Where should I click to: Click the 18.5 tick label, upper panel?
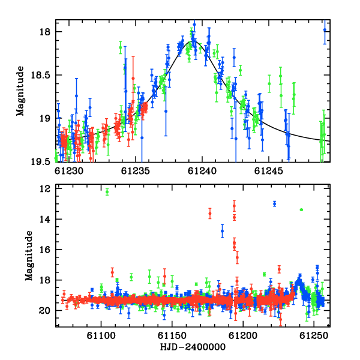(x=40, y=75)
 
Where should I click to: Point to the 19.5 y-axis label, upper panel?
(x=40, y=162)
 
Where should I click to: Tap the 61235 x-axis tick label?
(x=136, y=171)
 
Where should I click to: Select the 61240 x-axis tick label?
(x=202, y=171)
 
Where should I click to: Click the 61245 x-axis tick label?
(x=269, y=171)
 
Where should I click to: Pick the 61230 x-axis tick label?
(x=69, y=171)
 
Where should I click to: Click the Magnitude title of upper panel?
(x=20, y=91)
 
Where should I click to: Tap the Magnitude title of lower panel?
(x=29, y=256)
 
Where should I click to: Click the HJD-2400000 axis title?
(x=193, y=347)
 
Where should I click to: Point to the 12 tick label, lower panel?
(x=44, y=189)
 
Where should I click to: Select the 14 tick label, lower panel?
(x=44, y=219)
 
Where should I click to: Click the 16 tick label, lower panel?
(x=44, y=250)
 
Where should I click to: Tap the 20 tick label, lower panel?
(x=44, y=311)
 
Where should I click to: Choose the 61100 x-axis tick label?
(x=101, y=336)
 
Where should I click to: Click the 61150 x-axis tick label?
(x=172, y=336)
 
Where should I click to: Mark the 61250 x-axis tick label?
(x=314, y=336)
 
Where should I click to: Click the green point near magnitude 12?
(x=107, y=192)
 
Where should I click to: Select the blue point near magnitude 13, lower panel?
(x=275, y=204)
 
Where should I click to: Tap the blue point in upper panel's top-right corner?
(x=325, y=30)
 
